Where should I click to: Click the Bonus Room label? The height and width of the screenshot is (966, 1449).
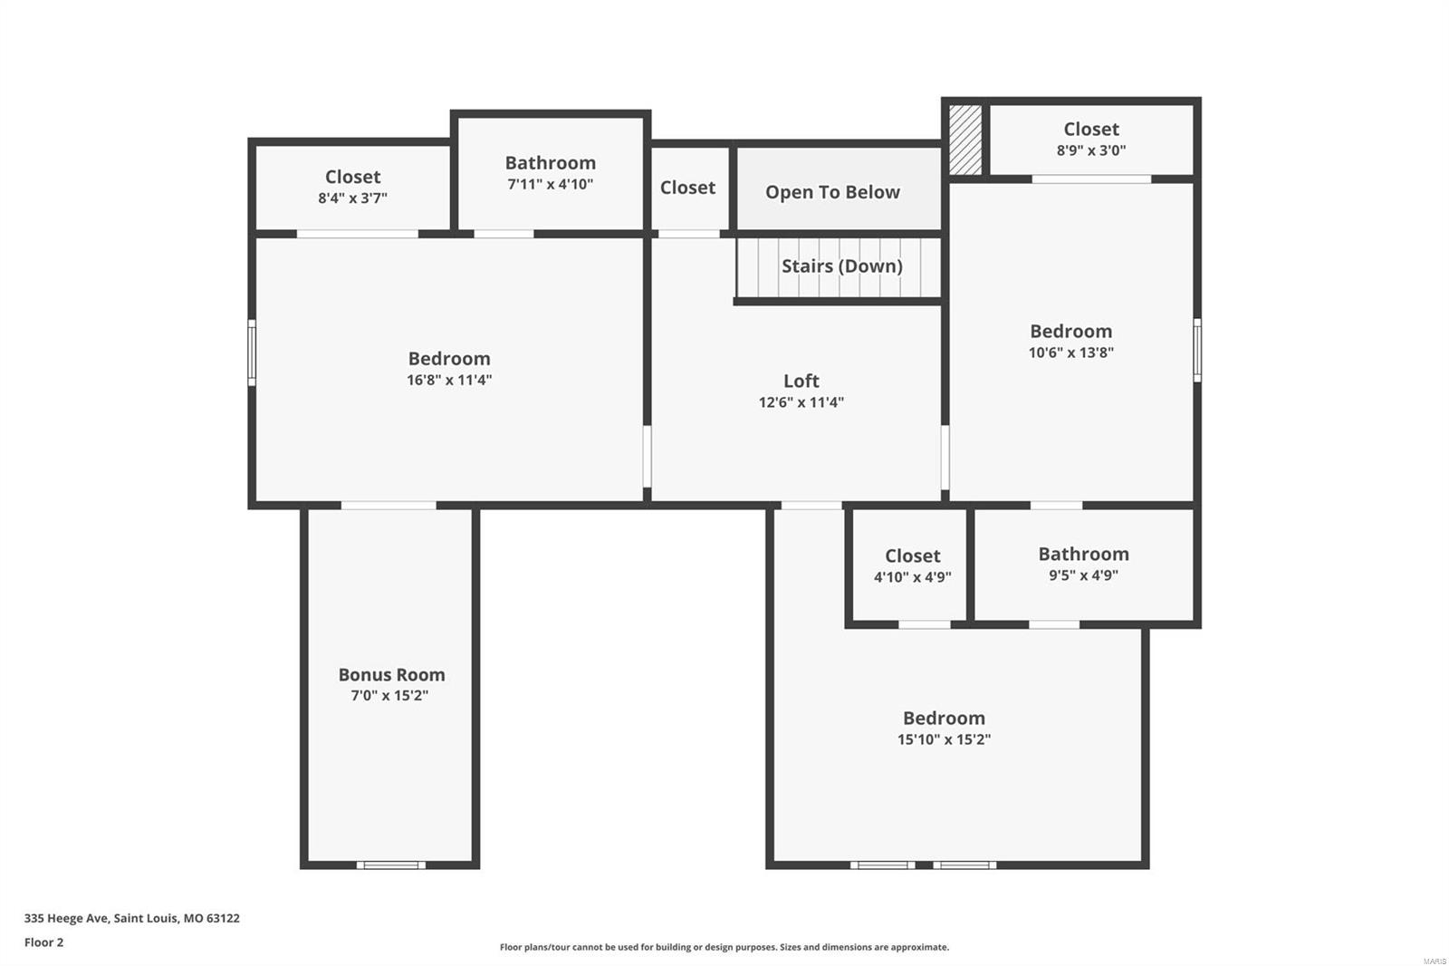coord(391,675)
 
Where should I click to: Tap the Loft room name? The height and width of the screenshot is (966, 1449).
coord(801,382)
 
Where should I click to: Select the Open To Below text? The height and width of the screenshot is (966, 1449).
coord(832,192)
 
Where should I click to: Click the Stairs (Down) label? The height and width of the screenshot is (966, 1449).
coord(841,266)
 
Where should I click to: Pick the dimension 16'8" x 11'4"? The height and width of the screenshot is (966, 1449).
coord(449,381)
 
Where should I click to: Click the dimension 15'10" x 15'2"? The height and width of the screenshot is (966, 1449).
coord(944,739)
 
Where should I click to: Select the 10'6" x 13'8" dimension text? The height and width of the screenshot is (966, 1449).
coord(1070,353)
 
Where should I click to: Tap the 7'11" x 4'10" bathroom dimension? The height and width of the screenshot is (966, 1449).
coord(550,184)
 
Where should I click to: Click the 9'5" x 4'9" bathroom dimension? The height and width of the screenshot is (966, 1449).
coord(1083,575)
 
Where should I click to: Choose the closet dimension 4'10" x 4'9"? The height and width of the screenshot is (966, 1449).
coord(912,577)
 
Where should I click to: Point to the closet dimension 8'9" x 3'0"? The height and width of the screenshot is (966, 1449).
coord(1090,150)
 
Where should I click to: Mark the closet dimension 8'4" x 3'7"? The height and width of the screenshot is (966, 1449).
coord(352,198)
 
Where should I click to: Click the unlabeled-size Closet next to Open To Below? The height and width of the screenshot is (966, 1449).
coord(687,188)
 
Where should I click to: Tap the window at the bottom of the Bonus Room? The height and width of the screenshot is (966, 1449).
coord(390,865)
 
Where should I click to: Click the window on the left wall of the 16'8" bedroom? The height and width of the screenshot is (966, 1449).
coord(252,352)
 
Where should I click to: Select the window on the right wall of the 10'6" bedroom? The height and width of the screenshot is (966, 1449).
coord(1197,350)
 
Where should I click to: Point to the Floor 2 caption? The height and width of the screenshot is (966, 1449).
coord(43,942)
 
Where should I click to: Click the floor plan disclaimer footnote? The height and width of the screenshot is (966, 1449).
coord(724,947)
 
